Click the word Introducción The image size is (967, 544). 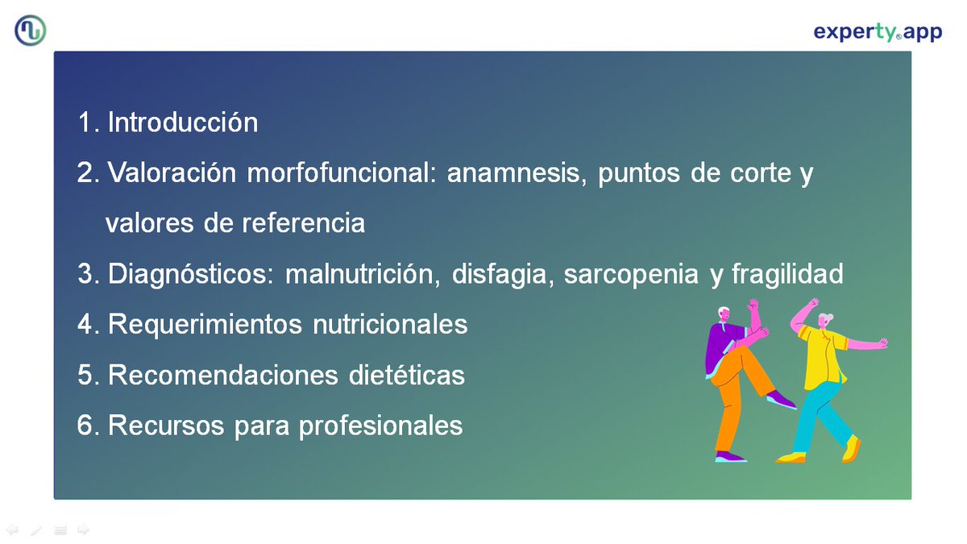tap(183, 123)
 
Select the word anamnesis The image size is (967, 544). tap(517, 173)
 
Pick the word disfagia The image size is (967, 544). tap(503, 274)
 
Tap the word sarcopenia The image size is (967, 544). tap(632, 274)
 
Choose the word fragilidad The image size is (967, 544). tap(786, 274)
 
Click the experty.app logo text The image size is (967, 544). tap(877, 32)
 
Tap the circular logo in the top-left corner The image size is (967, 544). tap(31, 31)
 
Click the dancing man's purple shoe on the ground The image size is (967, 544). tap(730, 457)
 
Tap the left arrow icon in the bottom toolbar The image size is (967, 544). tap(12, 529)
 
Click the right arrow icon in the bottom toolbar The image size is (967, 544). tap(83, 529)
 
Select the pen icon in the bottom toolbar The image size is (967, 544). tap(35, 529)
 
